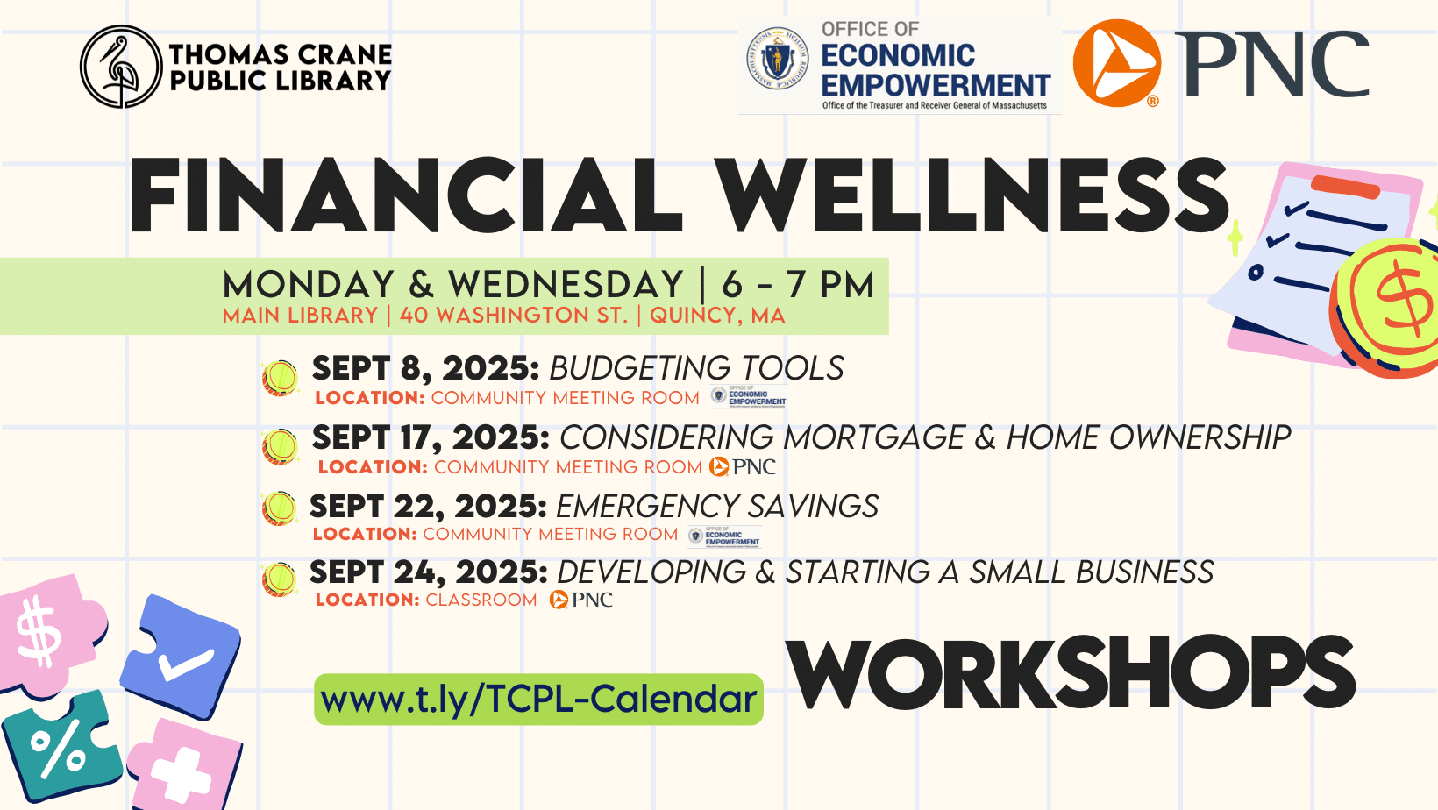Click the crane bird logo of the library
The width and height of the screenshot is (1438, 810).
[x=121, y=67]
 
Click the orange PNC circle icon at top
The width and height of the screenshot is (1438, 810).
[x=1117, y=63]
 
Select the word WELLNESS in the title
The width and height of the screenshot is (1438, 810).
[x=973, y=196]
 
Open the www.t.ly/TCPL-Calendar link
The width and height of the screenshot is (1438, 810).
[x=538, y=700]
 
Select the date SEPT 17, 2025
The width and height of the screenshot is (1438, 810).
[x=431, y=437]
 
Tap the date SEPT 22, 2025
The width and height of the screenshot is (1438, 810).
[x=428, y=506]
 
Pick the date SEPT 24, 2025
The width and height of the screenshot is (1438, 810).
[x=428, y=572]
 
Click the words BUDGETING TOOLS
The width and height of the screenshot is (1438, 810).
[x=696, y=368]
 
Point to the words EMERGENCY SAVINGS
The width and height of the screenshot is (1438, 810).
[x=716, y=506]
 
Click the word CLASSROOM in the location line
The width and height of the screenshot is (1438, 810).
[x=481, y=600]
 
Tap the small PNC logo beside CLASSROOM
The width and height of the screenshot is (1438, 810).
[x=581, y=600]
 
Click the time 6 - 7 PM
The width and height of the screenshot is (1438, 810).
[x=798, y=285]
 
